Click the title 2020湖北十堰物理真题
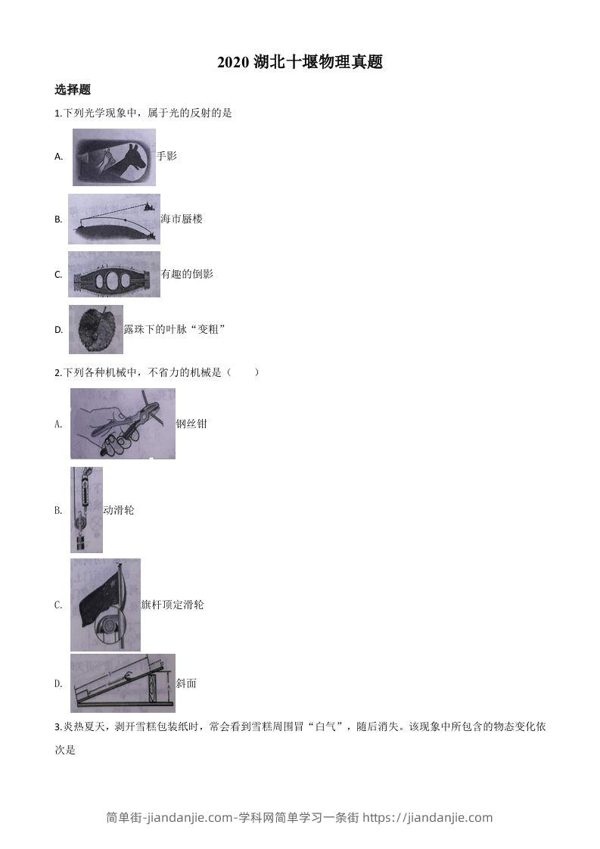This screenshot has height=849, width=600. [300, 63]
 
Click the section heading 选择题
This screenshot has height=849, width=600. [73, 89]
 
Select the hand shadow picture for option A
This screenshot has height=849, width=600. [114, 157]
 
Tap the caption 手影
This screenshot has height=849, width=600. [166, 156]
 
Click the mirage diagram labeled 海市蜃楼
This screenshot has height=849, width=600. [113, 219]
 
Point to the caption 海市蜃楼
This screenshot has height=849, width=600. [182, 219]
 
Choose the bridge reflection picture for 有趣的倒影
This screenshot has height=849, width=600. [114, 274]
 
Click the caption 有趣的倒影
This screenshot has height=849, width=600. [187, 274]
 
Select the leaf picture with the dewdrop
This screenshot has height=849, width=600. [96, 329]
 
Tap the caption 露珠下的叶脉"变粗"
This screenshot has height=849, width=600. [175, 329]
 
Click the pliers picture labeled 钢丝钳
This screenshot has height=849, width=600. [123, 424]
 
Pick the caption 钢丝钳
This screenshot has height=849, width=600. [191, 424]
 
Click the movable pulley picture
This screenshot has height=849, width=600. [86, 510]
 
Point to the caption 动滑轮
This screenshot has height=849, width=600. [119, 510]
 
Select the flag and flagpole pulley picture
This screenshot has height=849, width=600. [105, 605]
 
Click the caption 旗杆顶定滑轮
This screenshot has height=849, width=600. [173, 605]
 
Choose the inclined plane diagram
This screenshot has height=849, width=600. [123, 683]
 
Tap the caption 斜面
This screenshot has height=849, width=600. [186, 683]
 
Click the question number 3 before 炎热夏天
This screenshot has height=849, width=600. [58, 727]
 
